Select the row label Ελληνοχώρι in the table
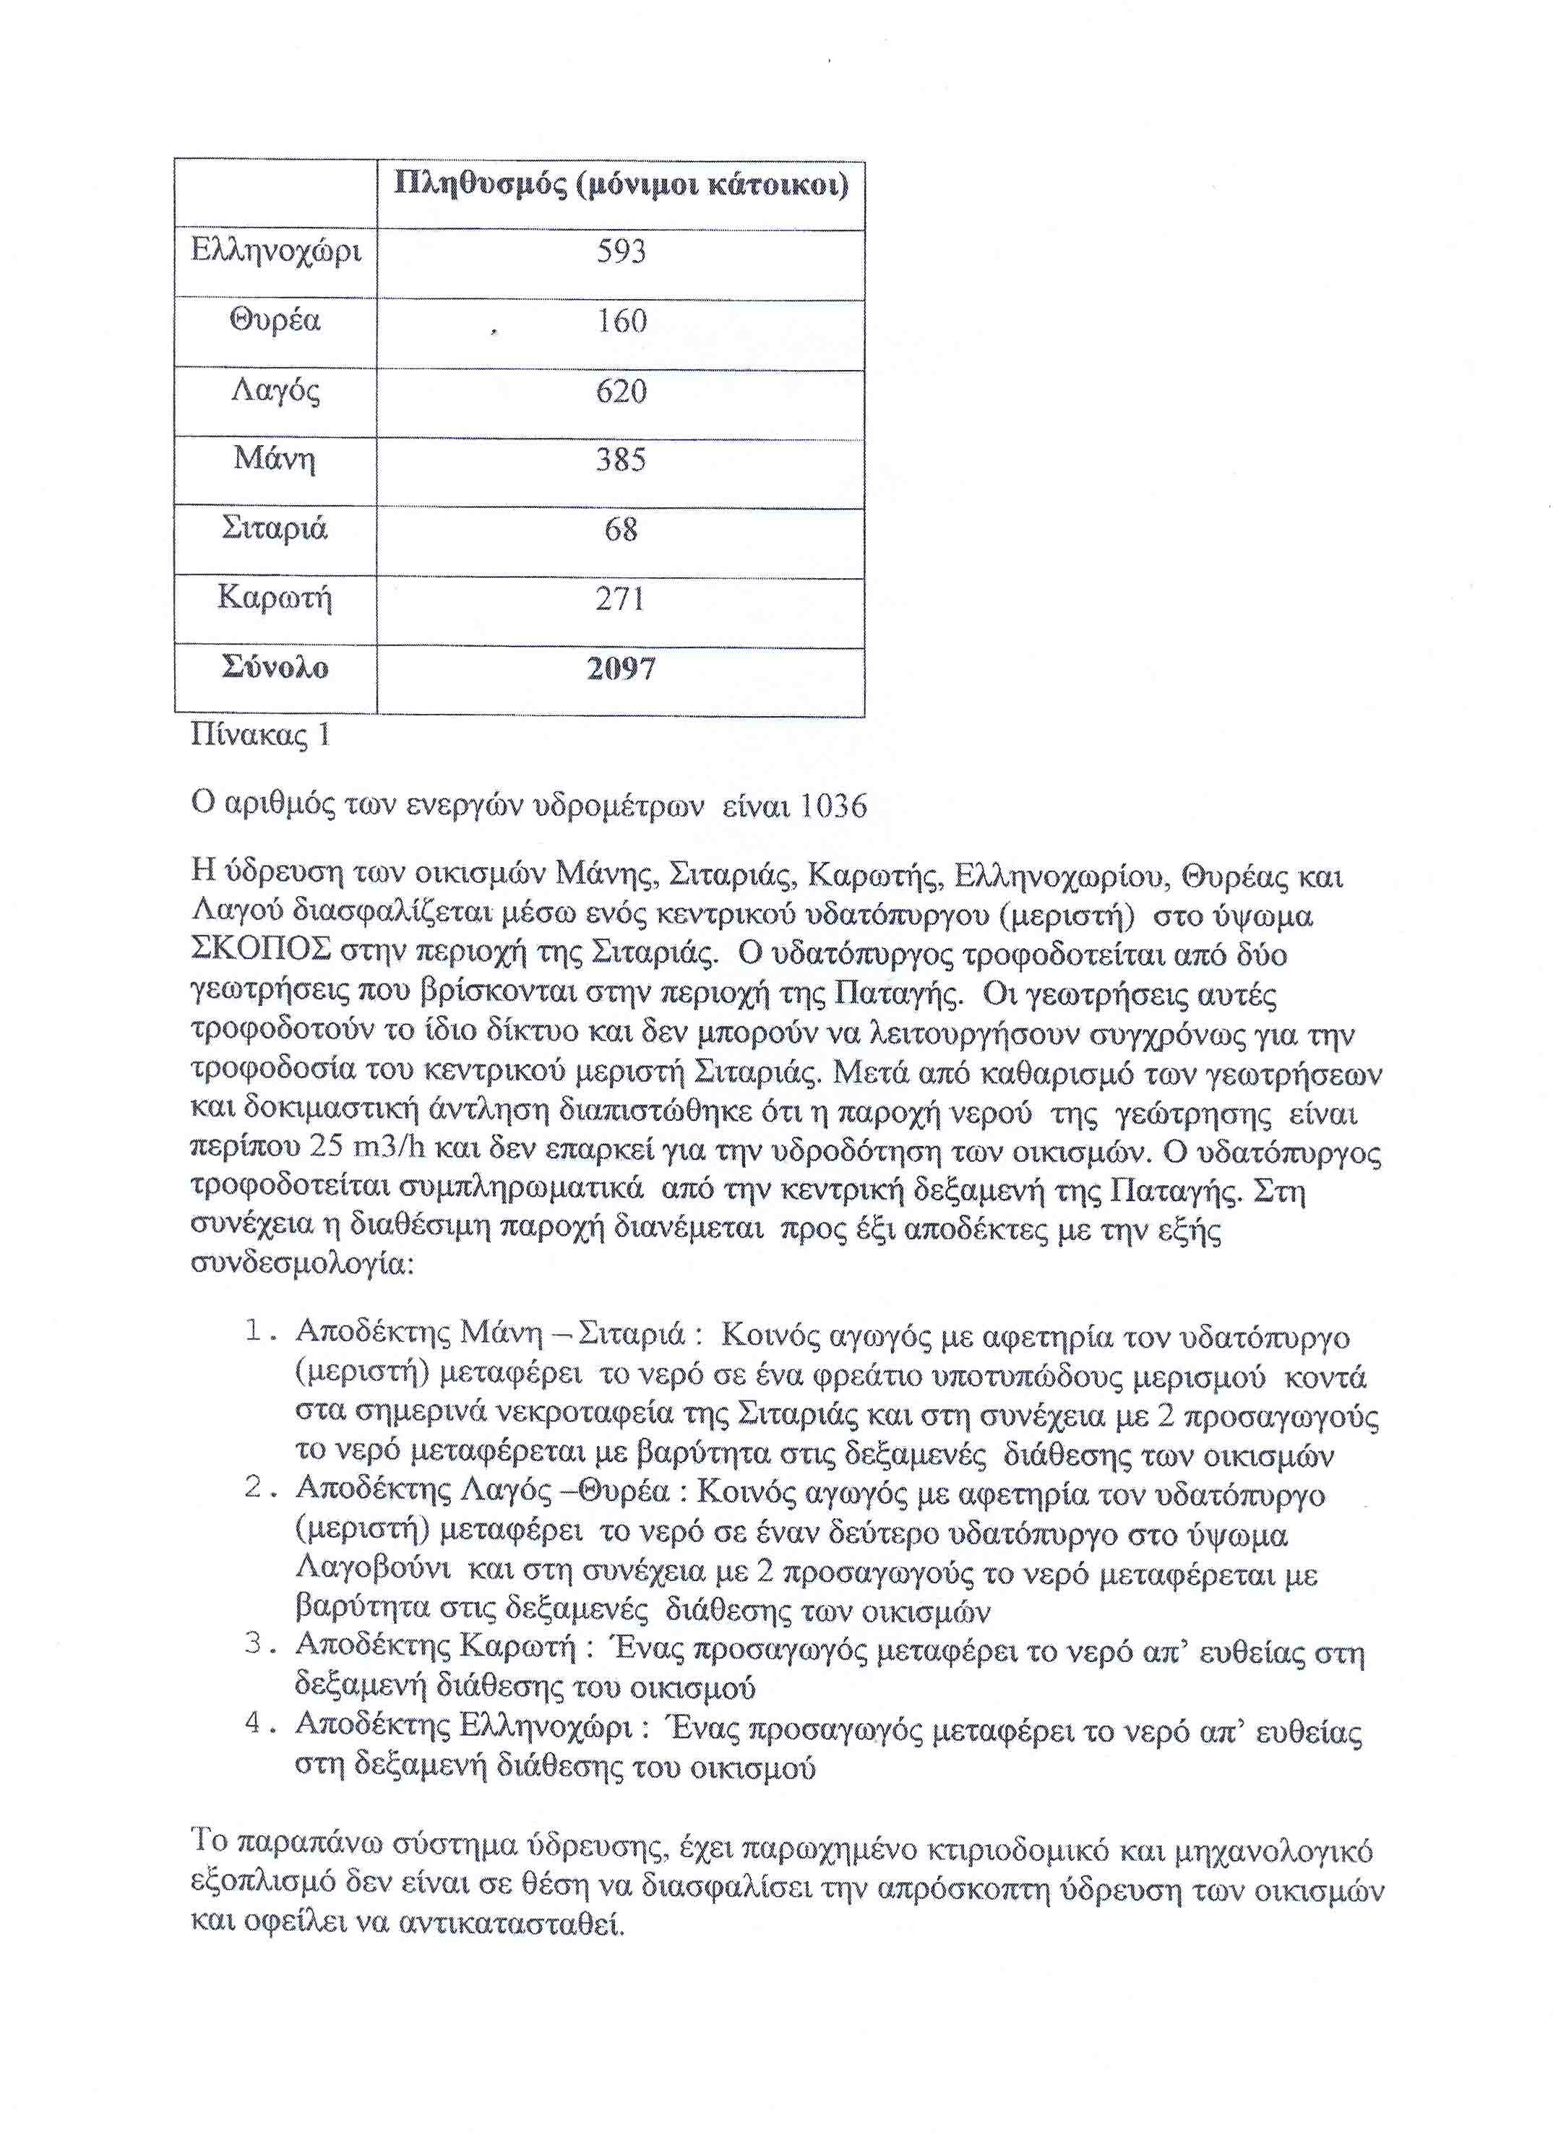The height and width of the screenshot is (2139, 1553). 275,251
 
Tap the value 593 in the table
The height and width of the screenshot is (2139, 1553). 621,251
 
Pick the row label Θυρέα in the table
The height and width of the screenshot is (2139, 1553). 275,321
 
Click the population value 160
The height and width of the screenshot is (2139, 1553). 621,322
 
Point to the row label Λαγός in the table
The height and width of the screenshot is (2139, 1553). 275,390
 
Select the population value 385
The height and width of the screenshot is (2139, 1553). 621,460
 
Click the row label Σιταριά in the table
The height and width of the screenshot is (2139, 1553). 275,528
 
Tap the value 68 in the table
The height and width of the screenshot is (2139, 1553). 621,529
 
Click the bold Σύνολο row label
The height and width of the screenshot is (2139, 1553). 275,668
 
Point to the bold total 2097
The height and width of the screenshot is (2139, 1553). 621,668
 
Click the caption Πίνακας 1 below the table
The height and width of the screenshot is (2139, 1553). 260,735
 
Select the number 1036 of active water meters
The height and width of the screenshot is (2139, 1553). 833,806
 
